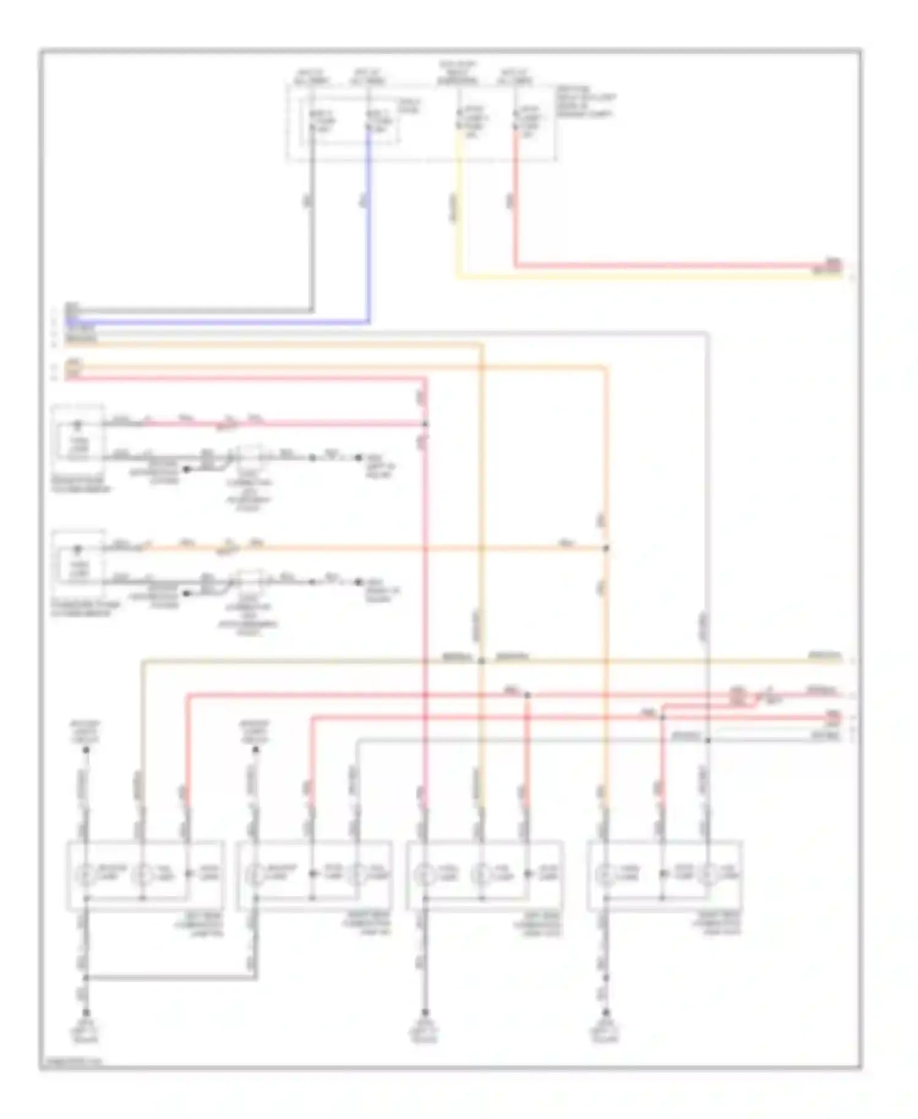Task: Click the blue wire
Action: [368, 233]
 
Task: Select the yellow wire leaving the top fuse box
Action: [458, 214]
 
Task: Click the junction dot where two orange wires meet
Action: [606, 548]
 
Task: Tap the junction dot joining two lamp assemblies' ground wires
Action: [86, 978]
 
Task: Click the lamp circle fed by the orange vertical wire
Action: [606, 875]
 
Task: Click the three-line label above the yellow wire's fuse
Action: [458, 72]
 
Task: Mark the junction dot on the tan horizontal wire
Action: [482, 661]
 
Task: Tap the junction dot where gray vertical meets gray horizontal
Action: [707, 740]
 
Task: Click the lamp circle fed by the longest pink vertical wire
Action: [424, 875]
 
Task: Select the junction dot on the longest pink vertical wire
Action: [425, 424]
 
